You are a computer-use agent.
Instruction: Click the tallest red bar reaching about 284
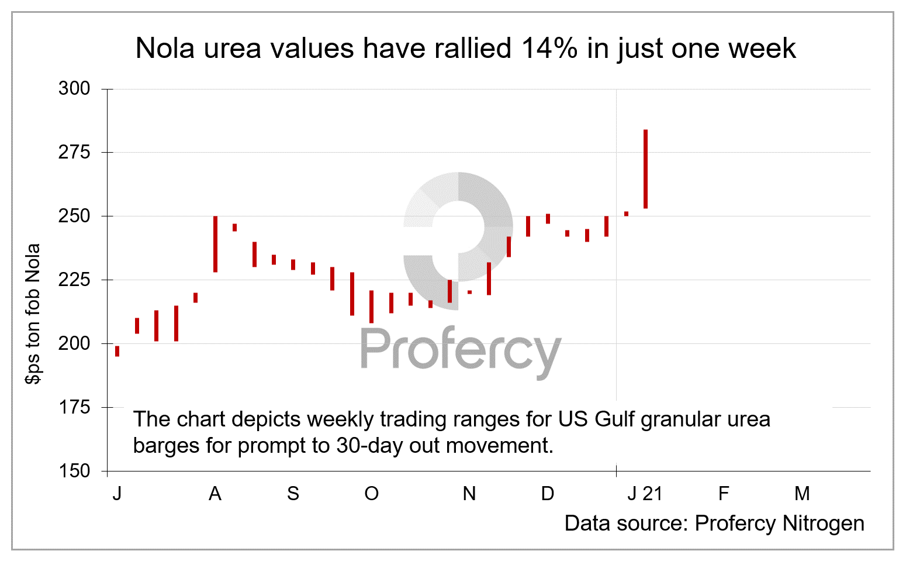click(x=645, y=168)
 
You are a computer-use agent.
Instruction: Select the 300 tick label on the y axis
click(x=74, y=89)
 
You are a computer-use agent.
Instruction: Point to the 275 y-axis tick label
click(x=74, y=153)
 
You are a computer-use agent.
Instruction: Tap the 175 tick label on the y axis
click(x=74, y=407)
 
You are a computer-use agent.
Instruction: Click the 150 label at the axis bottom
click(x=74, y=471)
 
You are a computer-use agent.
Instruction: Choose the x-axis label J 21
click(x=645, y=494)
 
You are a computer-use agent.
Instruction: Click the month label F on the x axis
click(x=724, y=494)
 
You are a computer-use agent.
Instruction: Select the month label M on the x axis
click(x=802, y=494)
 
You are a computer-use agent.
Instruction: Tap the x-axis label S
click(x=293, y=494)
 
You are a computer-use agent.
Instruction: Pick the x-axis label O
click(x=371, y=494)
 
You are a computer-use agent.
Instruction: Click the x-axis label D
click(x=547, y=494)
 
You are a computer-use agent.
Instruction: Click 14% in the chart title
click(x=549, y=49)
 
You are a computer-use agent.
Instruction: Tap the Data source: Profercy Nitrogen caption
click(x=714, y=524)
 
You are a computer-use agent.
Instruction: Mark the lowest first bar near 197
click(x=117, y=351)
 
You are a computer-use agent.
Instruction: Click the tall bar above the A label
click(x=215, y=244)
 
